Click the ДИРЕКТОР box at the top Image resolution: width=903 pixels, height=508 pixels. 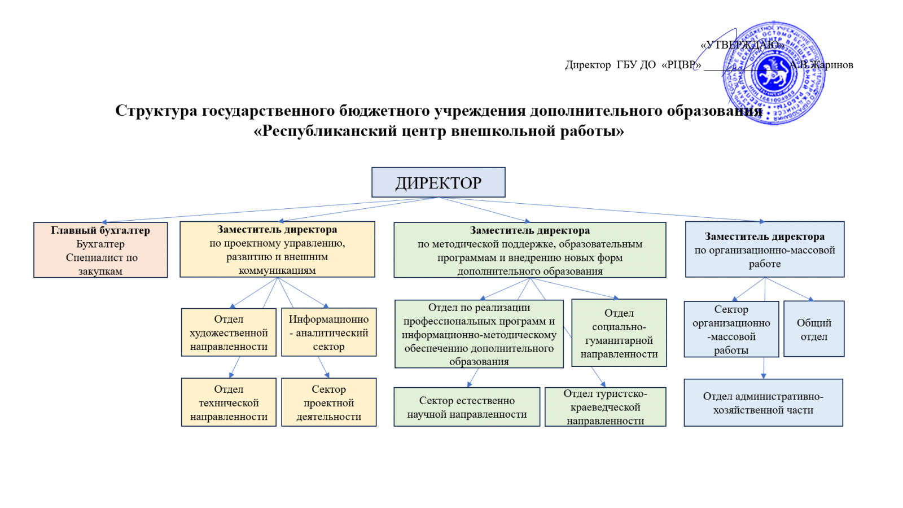[438, 182]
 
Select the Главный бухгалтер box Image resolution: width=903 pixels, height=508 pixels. [100, 250]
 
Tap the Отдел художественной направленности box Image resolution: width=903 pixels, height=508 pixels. [229, 332]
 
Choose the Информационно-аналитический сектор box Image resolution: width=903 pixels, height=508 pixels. [328, 332]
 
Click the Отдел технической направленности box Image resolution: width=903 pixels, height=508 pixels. [229, 402]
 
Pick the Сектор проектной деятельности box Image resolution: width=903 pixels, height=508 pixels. [328, 402]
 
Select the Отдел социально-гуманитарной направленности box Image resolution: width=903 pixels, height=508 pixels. [619, 333]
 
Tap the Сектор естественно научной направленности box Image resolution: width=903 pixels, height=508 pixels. [467, 407]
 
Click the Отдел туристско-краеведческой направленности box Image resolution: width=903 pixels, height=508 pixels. [605, 407]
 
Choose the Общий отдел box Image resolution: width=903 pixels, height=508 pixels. [814, 329]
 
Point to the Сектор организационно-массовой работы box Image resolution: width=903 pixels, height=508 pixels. [731, 329]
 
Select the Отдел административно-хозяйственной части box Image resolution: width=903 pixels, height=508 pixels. [763, 403]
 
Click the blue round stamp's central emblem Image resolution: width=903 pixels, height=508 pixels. [773, 73]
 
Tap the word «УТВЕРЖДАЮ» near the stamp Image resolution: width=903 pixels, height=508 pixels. [742, 45]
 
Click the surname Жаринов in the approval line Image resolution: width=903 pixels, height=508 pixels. [831, 65]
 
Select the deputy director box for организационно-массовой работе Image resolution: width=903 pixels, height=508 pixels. [765, 249]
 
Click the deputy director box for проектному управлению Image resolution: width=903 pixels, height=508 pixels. [277, 249]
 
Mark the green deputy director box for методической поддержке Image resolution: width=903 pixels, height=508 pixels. [529, 250]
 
